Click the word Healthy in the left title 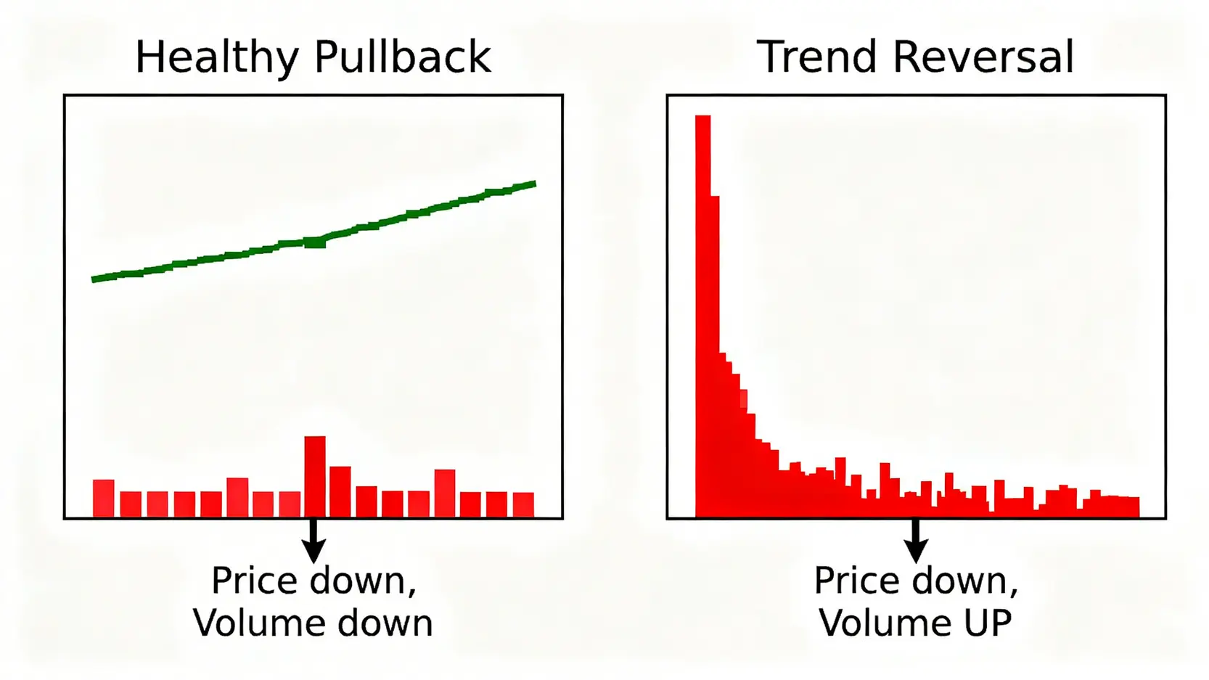[x=217, y=57]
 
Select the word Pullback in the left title [x=403, y=56]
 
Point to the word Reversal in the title [x=983, y=56]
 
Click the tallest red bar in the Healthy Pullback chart [x=315, y=477]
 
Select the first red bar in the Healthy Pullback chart [x=104, y=499]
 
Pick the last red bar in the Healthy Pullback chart [x=523, y=505]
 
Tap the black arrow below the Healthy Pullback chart [x=313, y=541]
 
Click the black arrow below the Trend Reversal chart [x=916, y=541]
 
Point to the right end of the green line [x=535, y=184]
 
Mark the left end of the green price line [x=94, y=279]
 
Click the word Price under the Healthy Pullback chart [x=254, y=581]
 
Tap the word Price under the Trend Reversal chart [x=856, y=581]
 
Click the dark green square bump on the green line [x=315, y=242]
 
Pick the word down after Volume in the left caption [x=378, y=623]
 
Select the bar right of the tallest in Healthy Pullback [x=340, y=492]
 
